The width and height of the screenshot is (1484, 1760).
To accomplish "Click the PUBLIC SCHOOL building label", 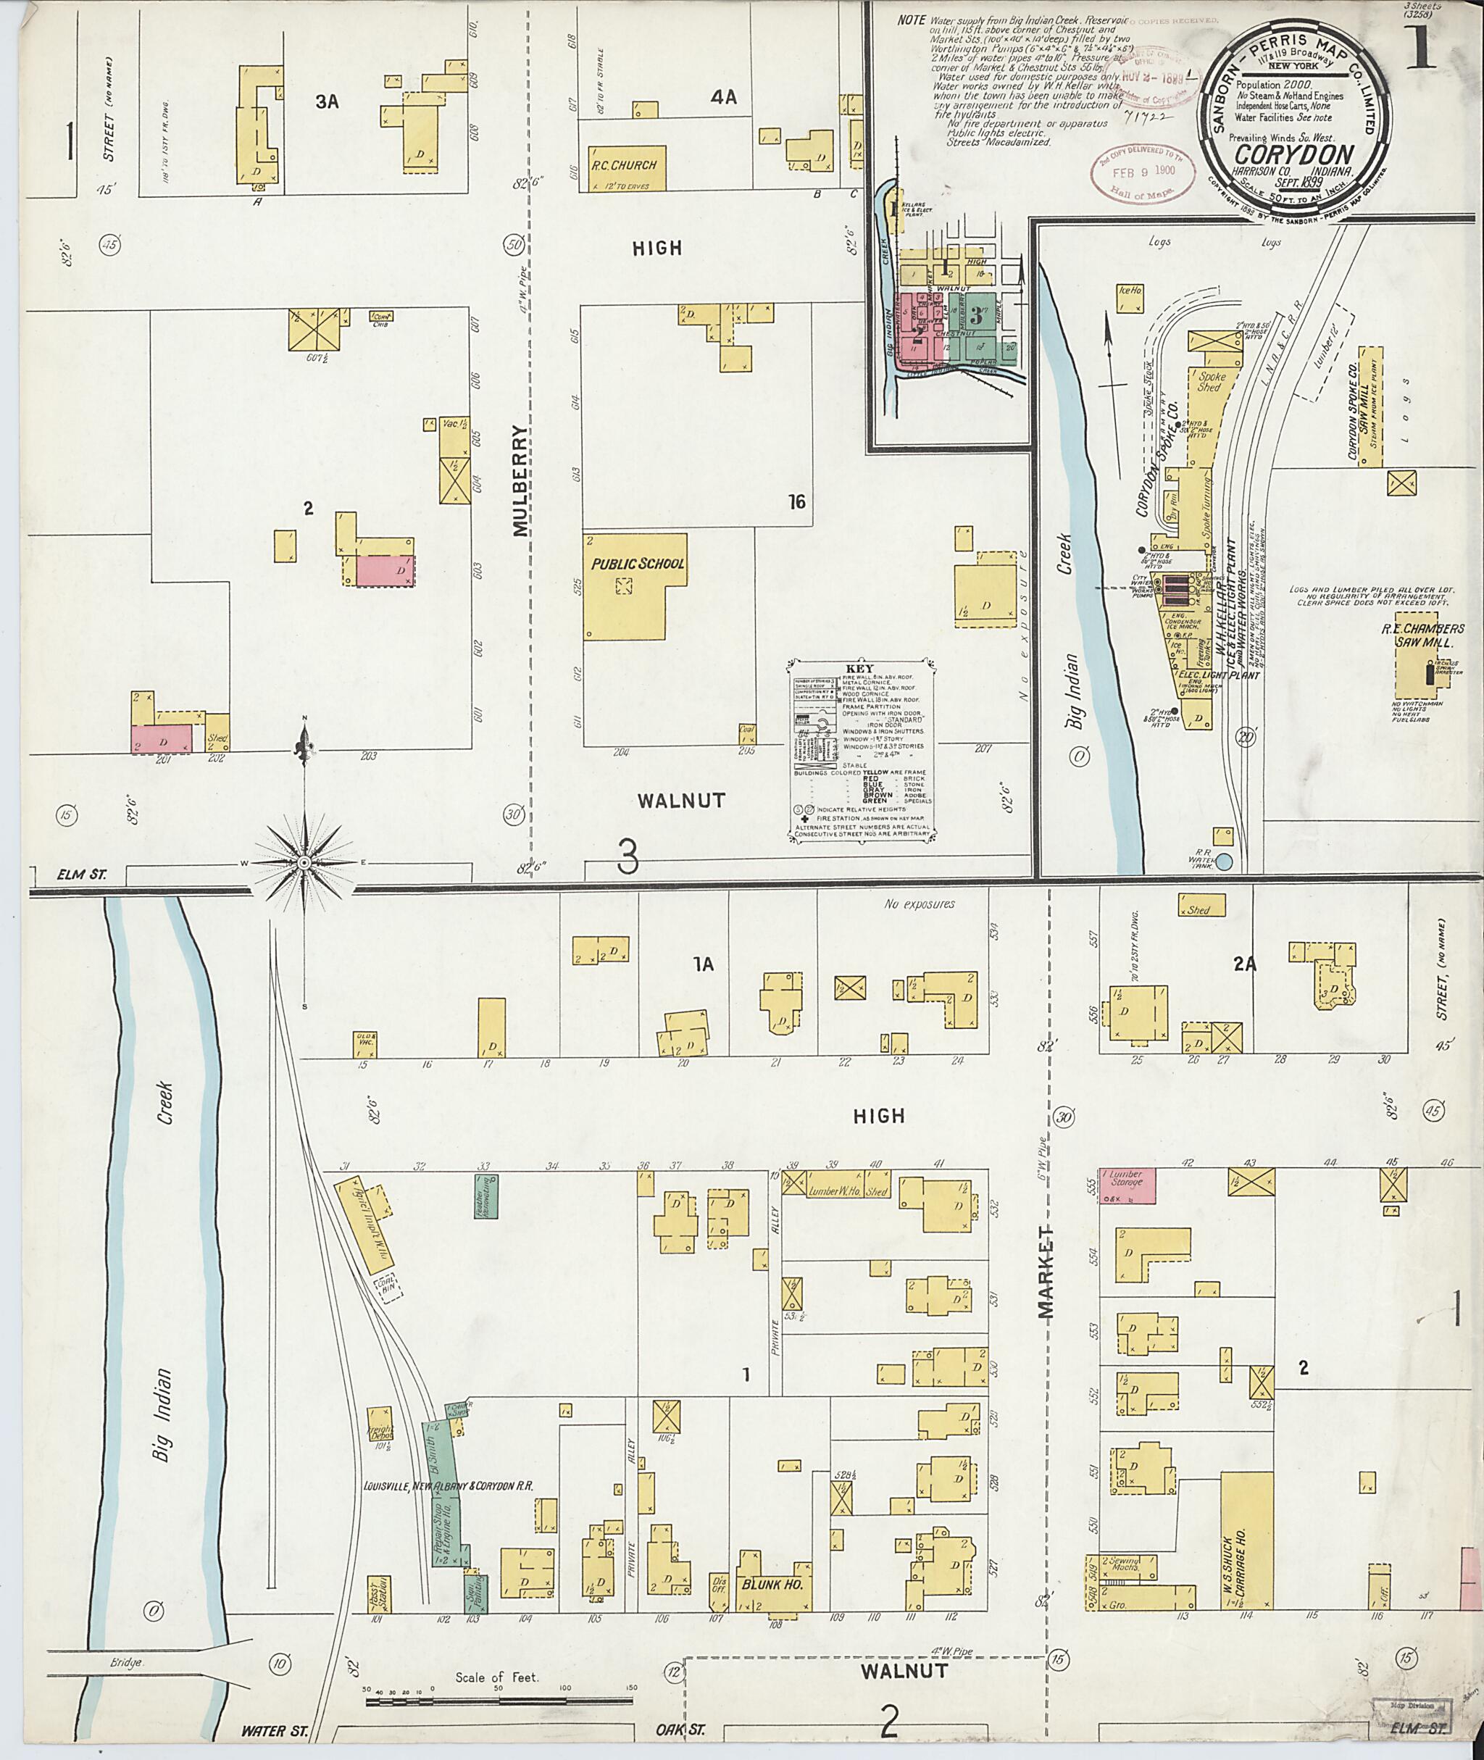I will pos(638,564).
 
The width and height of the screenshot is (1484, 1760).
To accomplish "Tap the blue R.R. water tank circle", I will pos(1224,862).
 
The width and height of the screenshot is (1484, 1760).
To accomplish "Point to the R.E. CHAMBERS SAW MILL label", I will pos(1422,635).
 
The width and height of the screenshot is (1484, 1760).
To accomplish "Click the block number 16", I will pos(796,502).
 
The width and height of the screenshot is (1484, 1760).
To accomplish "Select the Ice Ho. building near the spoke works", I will pos(1130,299).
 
